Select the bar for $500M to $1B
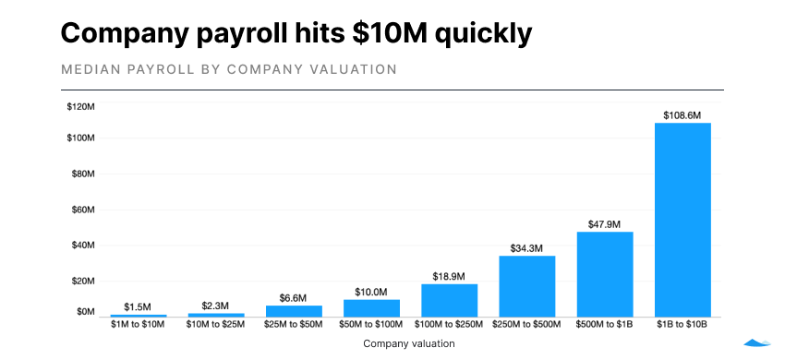605,273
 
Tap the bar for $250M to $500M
527,286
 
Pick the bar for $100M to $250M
450,300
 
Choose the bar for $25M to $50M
295,311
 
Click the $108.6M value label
682,115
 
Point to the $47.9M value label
605,224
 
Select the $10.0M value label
372,293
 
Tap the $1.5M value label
139,307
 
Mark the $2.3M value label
217,306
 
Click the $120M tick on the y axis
81,107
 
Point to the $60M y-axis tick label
83,210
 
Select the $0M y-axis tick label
86,312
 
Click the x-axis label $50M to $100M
372,325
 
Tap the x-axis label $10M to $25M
217,325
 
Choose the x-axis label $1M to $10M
139,325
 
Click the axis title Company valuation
409,343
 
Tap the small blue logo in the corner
757,342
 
